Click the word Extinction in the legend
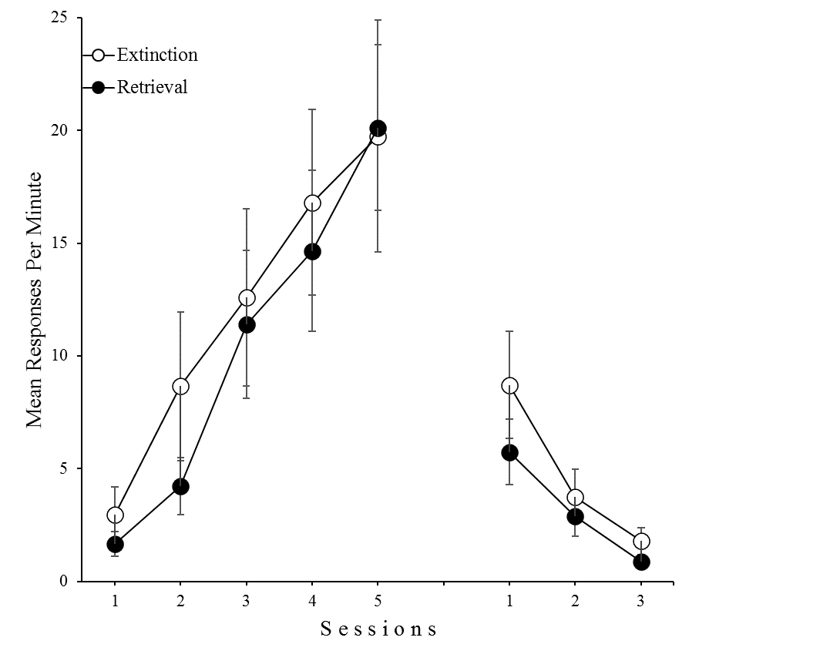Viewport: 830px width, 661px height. (157, 55)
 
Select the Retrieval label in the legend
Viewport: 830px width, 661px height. (152, 87)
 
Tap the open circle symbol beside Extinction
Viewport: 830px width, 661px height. (98, 55)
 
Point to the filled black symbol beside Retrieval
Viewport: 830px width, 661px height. (98, 87)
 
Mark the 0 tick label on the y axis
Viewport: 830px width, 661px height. (63, 582)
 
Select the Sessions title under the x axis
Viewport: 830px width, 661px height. (378, 629)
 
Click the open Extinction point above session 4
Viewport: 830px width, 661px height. (312, 203)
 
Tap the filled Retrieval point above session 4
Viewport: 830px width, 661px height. (312, 252)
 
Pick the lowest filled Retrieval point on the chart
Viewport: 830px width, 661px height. (641, 562)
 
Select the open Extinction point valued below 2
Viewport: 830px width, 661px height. (641, 542)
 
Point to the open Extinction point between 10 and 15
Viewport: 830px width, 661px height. (247, 298)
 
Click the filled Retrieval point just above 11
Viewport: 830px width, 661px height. (247, 325)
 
